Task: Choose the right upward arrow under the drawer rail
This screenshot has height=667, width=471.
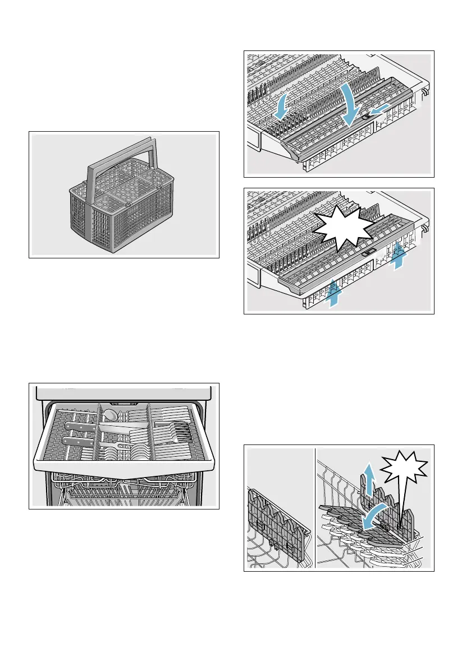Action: tap(399, 255)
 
